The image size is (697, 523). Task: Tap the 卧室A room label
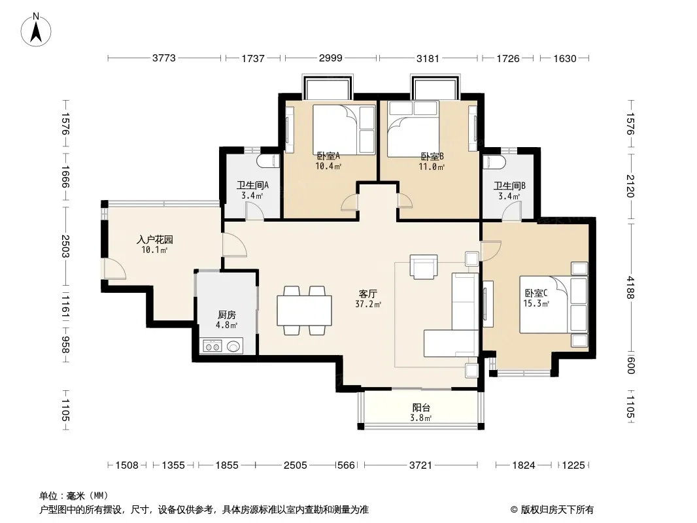pos(328,156)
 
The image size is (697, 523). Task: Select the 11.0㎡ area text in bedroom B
pos(431,167)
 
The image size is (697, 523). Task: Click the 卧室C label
pos(536,294)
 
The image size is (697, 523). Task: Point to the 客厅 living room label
pos(368,294)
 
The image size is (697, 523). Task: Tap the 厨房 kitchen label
pos(227,315)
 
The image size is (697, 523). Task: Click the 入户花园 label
pos(155,240)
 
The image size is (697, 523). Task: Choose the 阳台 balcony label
pos(421,407)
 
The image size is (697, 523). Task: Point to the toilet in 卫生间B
pos(494,161)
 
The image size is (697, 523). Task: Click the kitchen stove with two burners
pos(212,346)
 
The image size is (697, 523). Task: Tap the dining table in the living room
pos(304,311)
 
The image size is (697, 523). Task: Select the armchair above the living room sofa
pos(424,267)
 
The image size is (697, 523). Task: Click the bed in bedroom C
pos(554,305)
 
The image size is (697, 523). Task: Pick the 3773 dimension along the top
pos(164,58)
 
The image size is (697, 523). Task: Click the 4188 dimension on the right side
pos(630,287)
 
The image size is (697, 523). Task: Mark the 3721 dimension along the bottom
pos(420,465)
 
